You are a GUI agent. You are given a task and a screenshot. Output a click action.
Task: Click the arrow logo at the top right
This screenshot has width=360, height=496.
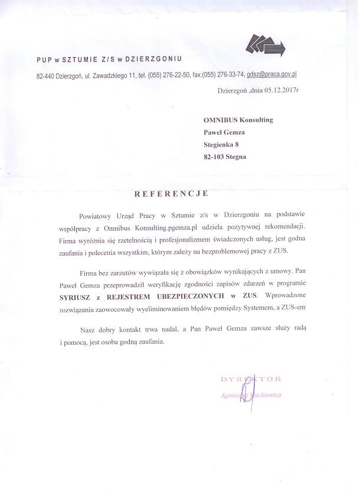click(265, 45)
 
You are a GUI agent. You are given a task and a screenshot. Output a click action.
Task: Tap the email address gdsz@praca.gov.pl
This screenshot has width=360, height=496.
click(271, 76)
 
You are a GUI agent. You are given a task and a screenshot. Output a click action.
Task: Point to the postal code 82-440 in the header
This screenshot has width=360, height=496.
click(47, 76)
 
